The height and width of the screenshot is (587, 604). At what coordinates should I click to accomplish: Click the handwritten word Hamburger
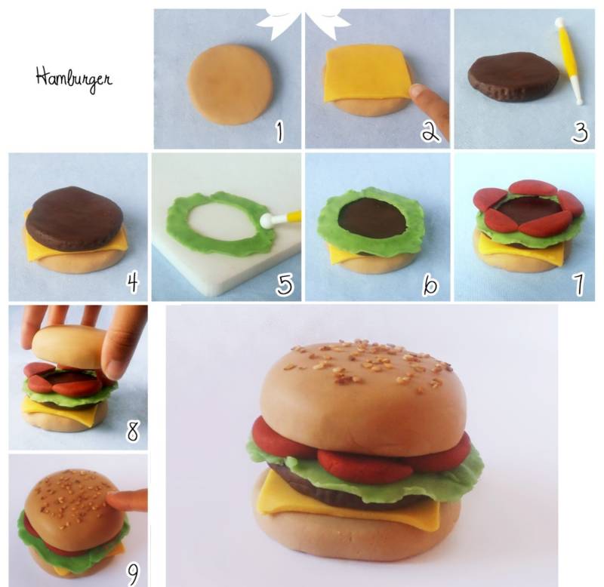click(74, 79)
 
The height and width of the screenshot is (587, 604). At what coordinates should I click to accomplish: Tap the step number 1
click(280, 131)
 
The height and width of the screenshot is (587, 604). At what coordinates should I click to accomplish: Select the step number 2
click(430, 132)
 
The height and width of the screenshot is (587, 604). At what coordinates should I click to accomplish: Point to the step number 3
click(580, 132)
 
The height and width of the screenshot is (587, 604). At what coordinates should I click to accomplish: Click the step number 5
click(285, 284)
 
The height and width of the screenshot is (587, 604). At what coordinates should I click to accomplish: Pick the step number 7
click(578, 284)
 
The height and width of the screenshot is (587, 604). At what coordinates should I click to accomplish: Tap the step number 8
click(133, 432)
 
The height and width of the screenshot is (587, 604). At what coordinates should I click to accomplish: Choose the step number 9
click(133, 575)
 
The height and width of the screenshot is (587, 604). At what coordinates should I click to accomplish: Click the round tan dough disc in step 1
click(230, 85)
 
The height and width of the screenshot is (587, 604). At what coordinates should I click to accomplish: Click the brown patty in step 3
click(513, 77)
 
